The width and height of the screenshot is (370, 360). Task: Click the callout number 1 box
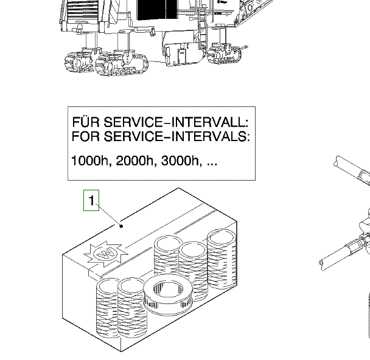pos(91,200)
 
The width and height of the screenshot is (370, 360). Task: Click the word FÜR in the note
pos(85,120)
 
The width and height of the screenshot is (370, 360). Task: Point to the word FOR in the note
pos(85,136)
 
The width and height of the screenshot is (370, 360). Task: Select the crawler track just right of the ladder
pos(226,55)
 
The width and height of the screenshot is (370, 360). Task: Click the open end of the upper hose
pos(337,161)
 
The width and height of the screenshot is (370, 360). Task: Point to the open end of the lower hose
pos(322,263)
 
